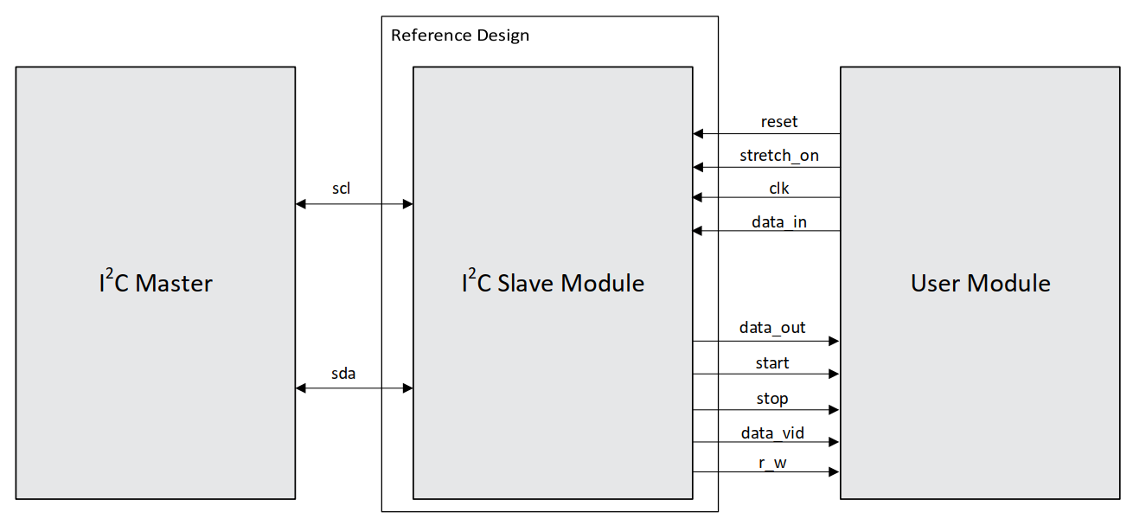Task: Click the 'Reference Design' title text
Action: click(x=459, y=35)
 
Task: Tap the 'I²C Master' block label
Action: click(x=155, y=283)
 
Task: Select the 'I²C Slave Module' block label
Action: click(x=553, y=283)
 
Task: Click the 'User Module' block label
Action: click(x=980, y=283)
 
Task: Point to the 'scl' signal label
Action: click(x=341, y=189)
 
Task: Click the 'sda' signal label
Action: click(x=343, y=374)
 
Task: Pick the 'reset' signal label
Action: click(x=778, y=121)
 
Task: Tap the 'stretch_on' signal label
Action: click(x=778, y=156)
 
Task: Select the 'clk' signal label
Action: click(x=778, y=188)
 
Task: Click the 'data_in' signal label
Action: click(x=778, y=222)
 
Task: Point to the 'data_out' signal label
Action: click(x=771, y=327)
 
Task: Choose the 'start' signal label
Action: click(x=771, y=362)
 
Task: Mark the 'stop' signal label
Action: click(x=771, y=398)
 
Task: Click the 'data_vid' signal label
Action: click(x=771, y=432)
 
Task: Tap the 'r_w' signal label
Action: click(x=771, y=464)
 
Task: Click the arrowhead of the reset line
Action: click(x=699, y=134)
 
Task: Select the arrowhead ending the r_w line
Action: click(x=834, y=471)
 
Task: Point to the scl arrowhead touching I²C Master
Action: click(x=301, y=204)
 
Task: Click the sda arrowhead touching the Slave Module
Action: click(x=407, y=388)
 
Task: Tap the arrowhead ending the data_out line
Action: click(x=834, y=342)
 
